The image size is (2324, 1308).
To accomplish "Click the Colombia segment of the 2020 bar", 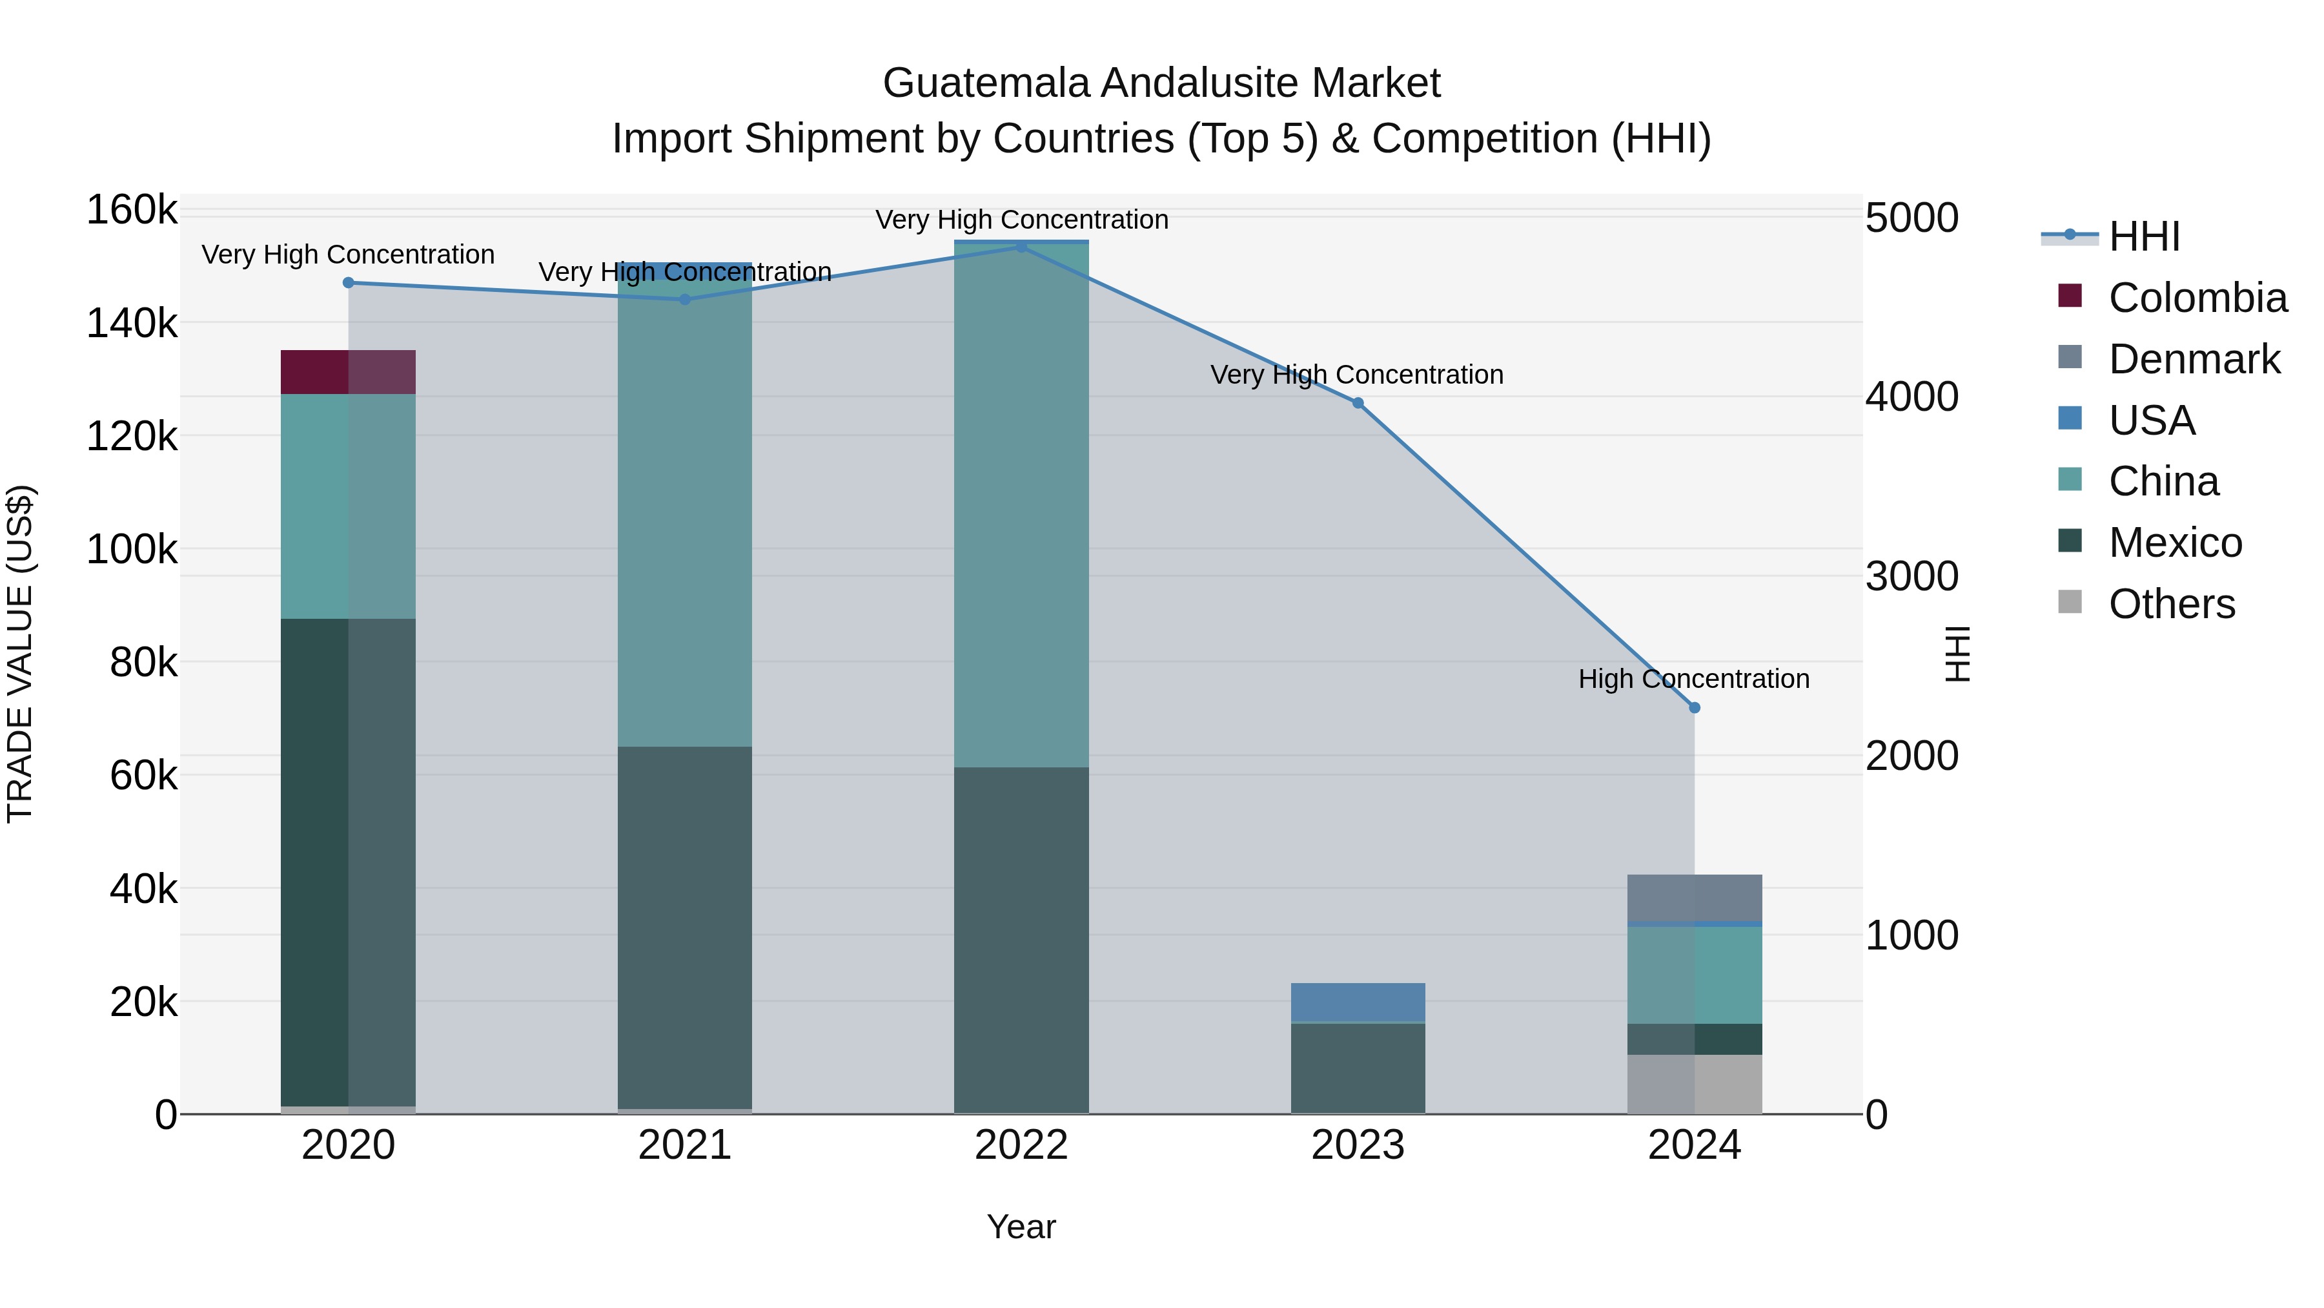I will click(x=347, y=372).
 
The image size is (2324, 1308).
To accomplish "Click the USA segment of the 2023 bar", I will click(x=1358, y=1002).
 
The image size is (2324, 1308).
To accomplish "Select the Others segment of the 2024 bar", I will click(x=1695, y=1083).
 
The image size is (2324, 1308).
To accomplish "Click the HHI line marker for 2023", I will click(x=1358, y=404).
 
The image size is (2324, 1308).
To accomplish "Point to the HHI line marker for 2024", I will click(x=1695, y=708).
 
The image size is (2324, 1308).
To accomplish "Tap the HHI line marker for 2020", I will click(x=348, y=282).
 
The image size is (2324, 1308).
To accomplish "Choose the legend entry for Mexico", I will click(x=2174, y=543).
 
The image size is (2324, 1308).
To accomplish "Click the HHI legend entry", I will click(x=2143, y=236).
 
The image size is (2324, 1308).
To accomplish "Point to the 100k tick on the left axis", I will click(x=132, y=550).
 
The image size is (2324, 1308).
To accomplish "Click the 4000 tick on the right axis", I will click(x=1911, y=397).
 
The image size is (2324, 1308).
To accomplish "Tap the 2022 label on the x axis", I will click(x=1021, y=1145).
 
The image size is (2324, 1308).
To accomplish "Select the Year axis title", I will click(x=1021, y=1227).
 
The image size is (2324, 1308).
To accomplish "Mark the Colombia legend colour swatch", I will click(x=2070, y=296).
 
